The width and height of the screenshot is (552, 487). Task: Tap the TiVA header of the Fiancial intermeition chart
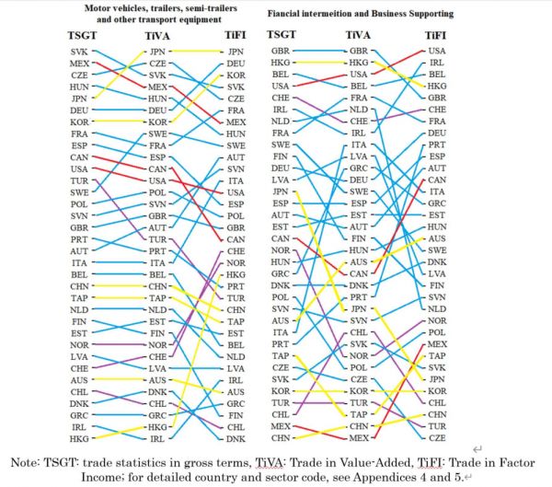coord(358,34)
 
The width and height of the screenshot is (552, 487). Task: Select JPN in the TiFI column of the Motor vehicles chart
coord(236,52)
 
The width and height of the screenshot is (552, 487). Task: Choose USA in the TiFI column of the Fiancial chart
coord(437,51)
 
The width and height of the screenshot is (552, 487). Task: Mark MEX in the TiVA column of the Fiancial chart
coord(359,439)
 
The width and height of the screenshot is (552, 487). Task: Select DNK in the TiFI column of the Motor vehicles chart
coord(236,440)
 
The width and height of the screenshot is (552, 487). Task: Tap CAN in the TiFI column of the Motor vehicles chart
coord(236,238)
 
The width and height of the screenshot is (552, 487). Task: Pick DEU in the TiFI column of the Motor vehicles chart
coord(236,64)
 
